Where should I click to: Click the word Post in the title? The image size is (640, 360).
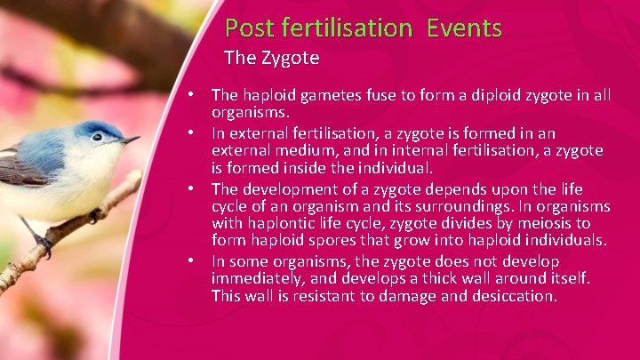click(x=249, y=28)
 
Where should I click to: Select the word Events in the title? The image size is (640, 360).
click(x=464, y=28)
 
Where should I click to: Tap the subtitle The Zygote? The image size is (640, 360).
click(x=271, y=59)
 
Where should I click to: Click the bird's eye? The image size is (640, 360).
click(x=96, y=137)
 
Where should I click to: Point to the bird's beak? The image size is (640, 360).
click(x=130, y=140)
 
